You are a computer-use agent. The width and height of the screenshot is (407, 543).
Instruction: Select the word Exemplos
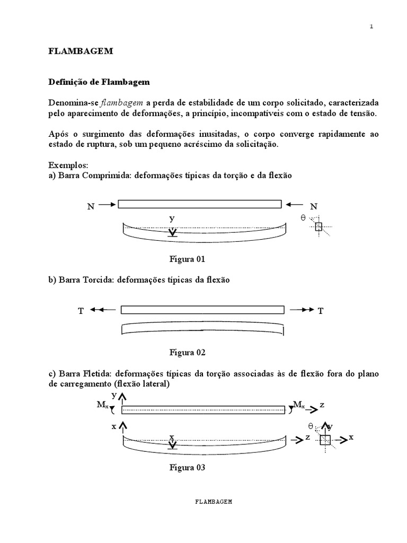click(x=68, y=165)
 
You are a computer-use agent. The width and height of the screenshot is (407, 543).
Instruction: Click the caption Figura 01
click(x=187, y=259)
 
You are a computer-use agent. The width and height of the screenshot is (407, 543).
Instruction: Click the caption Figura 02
click(x=187, y=352)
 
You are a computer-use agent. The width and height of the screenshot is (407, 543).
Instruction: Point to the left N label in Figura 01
click(x=91, y=207)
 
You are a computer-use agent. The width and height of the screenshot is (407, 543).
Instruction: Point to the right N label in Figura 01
click(x=314, y=207)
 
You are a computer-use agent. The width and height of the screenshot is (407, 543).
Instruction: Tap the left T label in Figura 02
click(x=81, y=312)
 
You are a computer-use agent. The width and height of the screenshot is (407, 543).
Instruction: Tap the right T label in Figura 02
click(x=321, y=312)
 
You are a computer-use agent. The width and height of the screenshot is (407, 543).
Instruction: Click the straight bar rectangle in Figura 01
click(x=199, y=204)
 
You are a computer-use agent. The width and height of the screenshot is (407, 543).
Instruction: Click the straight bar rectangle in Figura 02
click(x=202, y=310)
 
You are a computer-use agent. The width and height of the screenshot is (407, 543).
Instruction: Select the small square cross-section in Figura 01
click(x=318, y=227)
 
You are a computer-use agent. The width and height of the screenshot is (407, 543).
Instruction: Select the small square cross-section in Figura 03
click(x=325, y=440)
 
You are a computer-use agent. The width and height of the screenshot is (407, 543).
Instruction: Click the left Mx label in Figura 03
click(x=102, y=405)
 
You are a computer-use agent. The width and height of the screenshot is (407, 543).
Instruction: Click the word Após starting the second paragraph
click(x=59, y=134)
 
